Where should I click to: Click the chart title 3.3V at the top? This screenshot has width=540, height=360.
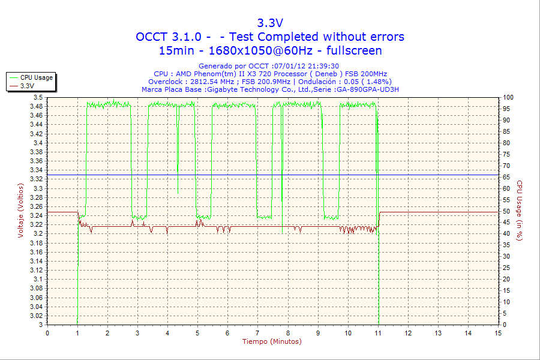click(270, 23)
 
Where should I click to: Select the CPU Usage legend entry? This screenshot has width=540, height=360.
click(37, 77)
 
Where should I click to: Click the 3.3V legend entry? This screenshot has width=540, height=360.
click(27, 86)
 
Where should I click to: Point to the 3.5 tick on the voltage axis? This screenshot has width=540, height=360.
click(38, 97)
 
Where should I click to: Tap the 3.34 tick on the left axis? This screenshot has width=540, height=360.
click(36, 170)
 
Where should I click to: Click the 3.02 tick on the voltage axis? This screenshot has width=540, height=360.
click(36, 316)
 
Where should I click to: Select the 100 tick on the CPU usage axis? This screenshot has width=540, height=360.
click(508, 97)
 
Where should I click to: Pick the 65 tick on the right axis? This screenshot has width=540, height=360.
click(506, 177)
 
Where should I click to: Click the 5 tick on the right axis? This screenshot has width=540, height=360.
click(504, 313)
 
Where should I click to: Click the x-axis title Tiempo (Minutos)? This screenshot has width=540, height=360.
click(272, 342)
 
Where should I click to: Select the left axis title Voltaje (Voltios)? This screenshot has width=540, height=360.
click(21, 211)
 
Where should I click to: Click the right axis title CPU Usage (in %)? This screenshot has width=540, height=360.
click(520, 211)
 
